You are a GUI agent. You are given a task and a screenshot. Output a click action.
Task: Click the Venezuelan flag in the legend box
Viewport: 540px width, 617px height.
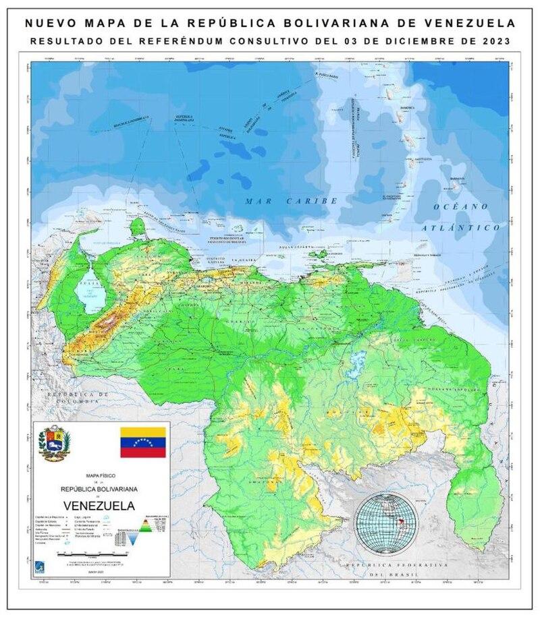pyautogui.click(x=142, y=442)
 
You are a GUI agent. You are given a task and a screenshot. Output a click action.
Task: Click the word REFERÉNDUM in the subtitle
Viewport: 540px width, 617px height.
pyautogui.click(x=187, y=41)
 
